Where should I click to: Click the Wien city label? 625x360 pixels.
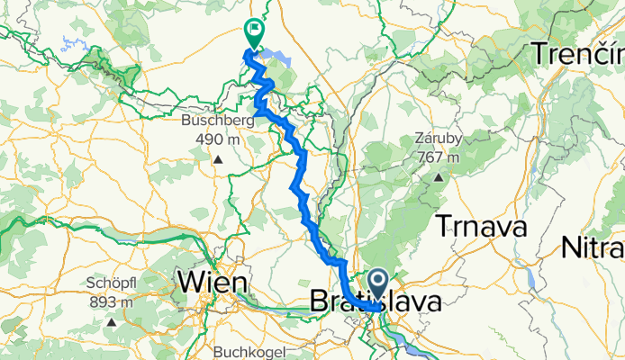(213, 283)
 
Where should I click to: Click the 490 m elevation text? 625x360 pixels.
(217, 139)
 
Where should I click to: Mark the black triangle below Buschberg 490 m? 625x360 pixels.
(217, 160)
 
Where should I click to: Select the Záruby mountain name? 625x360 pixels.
(439, 139)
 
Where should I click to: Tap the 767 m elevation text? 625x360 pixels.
(439, 157)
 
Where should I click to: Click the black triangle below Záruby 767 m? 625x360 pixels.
(439, 177)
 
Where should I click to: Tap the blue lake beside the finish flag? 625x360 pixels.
(283, 59)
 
